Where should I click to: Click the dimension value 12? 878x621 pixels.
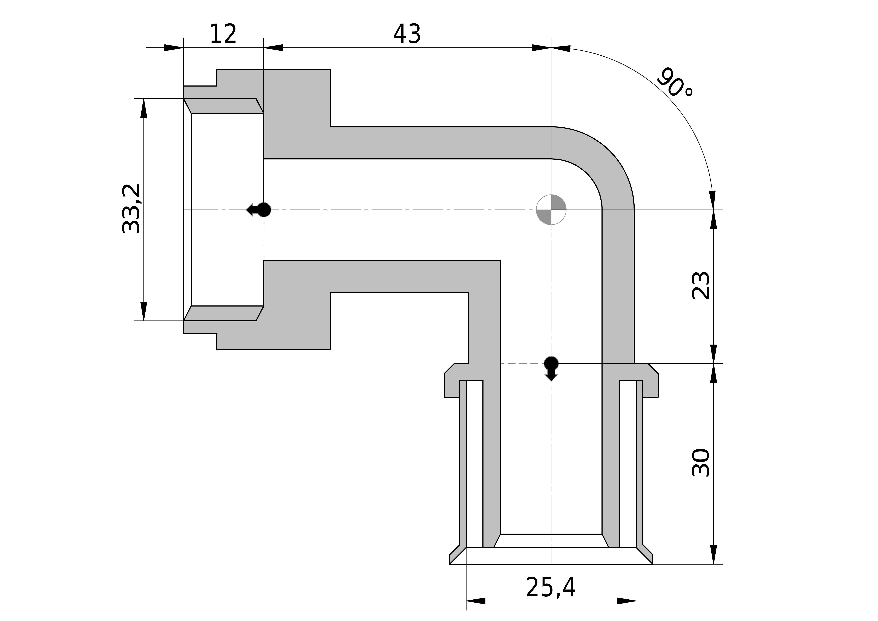pyautogui.click(x=223, y=34)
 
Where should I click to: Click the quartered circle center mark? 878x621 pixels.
pyautogui.click(x=551, y=210)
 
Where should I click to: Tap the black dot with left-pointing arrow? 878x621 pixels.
pyautogui.click(x=259, y=210)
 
